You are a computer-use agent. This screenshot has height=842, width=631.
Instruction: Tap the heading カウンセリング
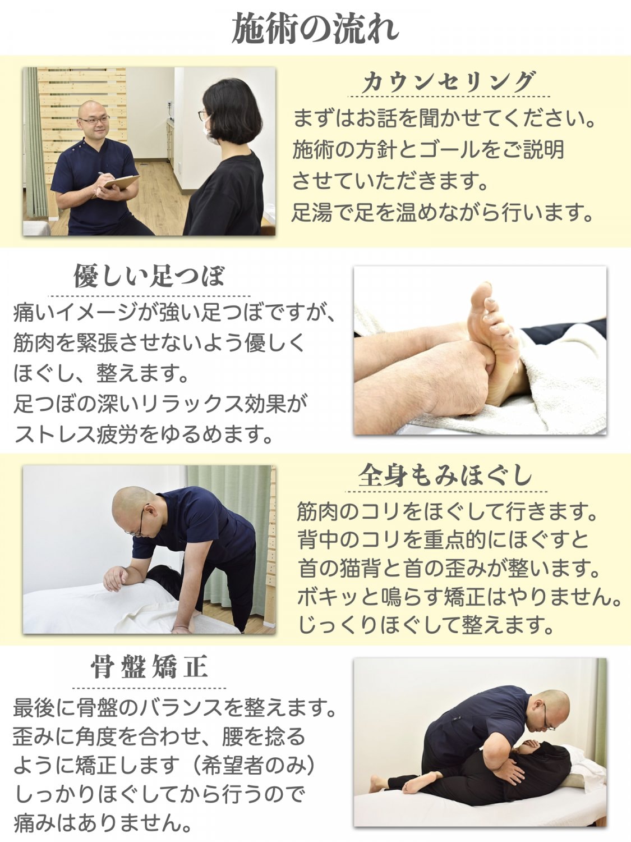pyautogui.click(x=449, y=81)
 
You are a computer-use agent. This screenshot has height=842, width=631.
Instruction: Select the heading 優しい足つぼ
pyautogui.click(x=149, y=276)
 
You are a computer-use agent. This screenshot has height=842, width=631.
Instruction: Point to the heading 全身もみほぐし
pyautogui.click(x=446, y=475)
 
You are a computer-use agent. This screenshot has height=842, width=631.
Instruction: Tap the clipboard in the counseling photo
pyautogui.click(x=121, y=182)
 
